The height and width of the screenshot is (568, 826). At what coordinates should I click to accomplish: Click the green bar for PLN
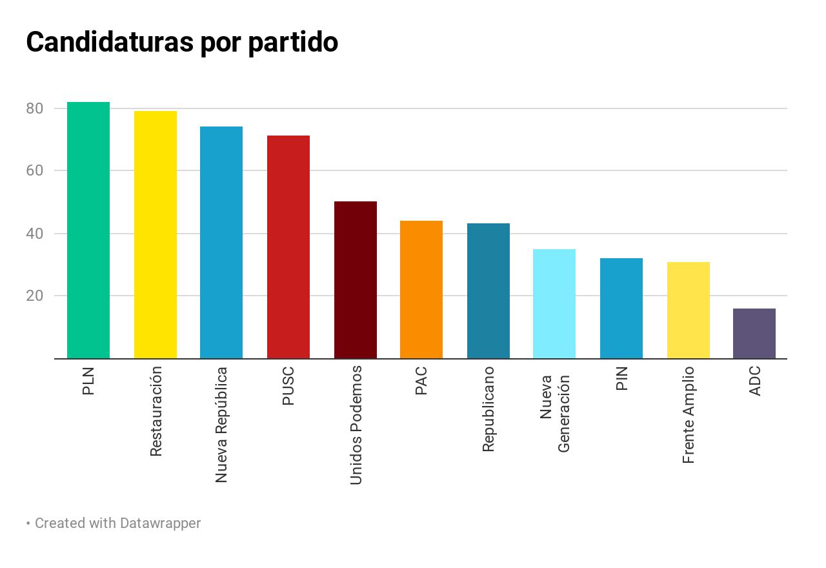(88, 230)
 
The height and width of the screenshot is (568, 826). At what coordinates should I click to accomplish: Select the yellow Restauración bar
(156, 235)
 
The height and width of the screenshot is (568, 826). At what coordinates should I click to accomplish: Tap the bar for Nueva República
(221, 243)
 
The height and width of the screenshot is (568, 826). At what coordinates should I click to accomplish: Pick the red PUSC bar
(288, 247)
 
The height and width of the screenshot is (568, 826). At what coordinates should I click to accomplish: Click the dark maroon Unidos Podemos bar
(356, 280)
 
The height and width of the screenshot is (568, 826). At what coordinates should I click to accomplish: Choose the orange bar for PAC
(421, 290)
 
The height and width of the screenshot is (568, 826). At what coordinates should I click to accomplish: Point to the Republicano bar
(489, 291)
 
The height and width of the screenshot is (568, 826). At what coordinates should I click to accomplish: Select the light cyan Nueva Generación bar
(554, 304)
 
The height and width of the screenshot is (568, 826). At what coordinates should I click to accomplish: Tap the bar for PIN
(621, 309)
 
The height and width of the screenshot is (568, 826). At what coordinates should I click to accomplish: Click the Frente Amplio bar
(689, 310)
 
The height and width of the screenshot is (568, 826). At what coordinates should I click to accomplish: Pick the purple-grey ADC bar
(754, 334)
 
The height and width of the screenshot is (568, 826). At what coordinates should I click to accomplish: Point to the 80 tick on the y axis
(35, 108)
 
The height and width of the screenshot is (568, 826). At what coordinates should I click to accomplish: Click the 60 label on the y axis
(35, 171)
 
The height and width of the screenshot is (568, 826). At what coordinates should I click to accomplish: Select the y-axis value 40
(35, 234)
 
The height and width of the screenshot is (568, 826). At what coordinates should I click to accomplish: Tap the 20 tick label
(35, 296)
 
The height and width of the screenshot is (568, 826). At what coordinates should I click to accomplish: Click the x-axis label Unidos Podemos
(356, 425)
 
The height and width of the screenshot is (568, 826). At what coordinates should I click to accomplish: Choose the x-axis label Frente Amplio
(689, 415)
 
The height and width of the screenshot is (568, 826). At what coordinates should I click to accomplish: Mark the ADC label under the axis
(754, 381)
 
